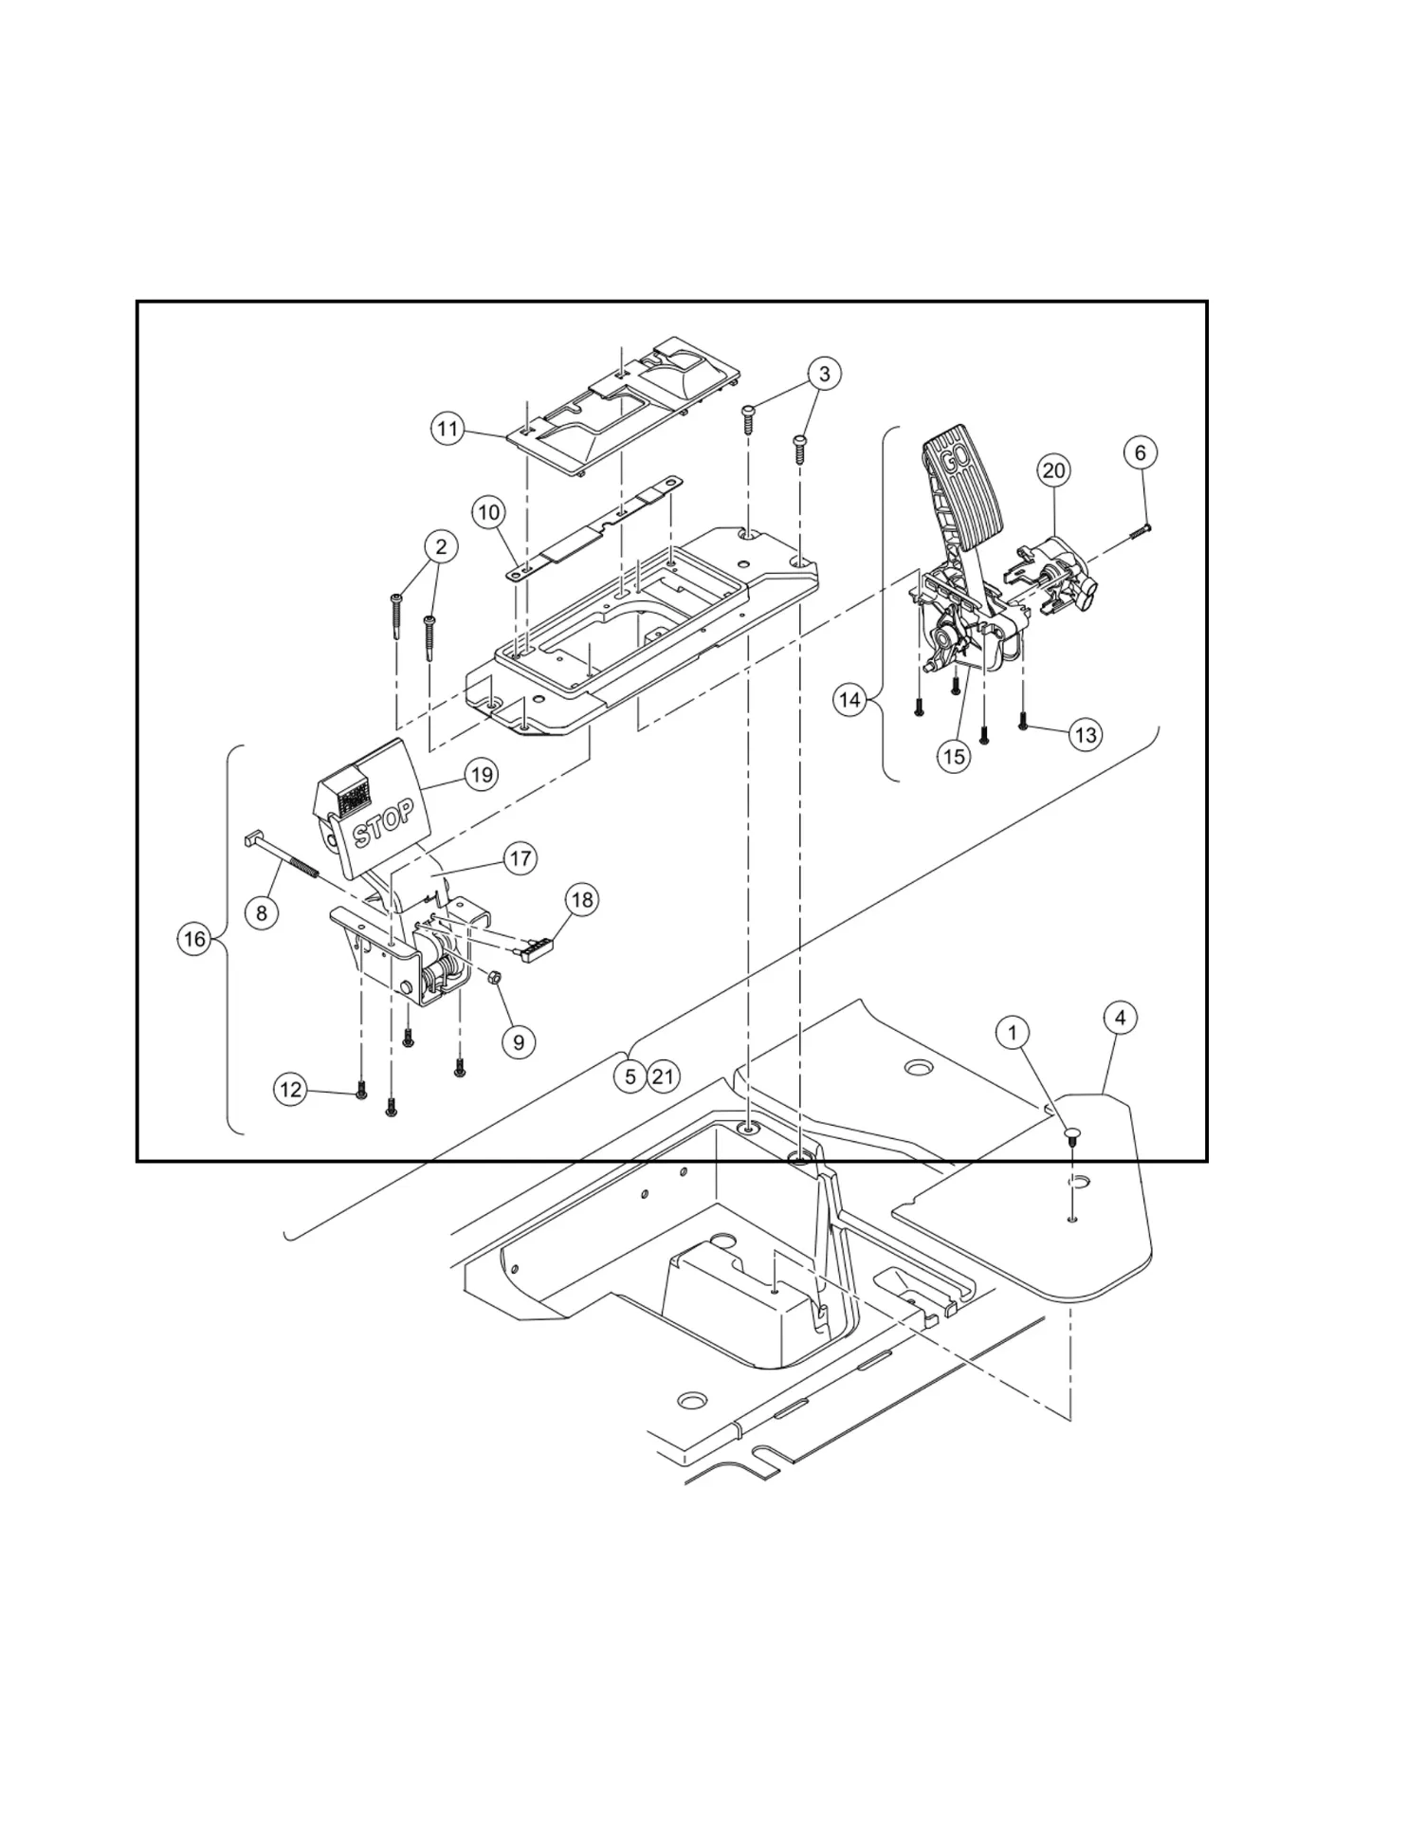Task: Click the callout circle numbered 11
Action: click(447, 430)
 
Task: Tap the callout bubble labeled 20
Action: click(1054, 470)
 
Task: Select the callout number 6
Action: click(1141, 453)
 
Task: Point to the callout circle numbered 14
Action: click(850, 700)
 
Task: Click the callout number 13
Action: click(1086, 735)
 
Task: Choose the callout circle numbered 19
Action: click(482, 775)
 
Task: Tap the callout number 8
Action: click(262, 913)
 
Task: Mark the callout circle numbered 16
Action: click(194, 940)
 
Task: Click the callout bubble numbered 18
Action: click(582, 899)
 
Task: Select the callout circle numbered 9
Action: click(519, 1042)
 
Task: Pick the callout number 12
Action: click(290, 1090)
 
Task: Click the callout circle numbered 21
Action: click(663, 1077)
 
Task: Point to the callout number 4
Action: click(1121, 1019)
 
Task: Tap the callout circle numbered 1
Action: click(1013, 1032)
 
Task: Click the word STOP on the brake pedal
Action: click(383, 822)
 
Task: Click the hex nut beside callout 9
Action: click(494, 977)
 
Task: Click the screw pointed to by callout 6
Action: click(1139, 532)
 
